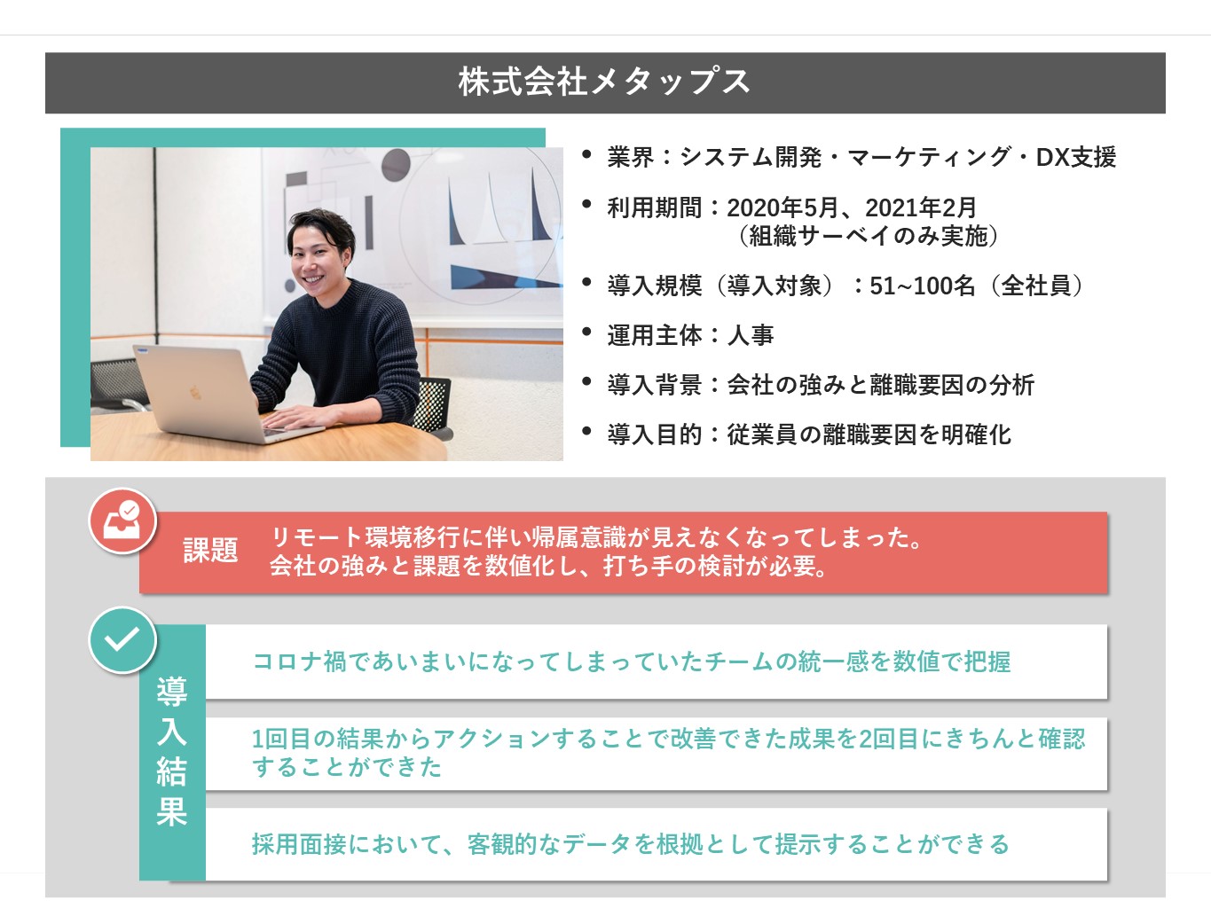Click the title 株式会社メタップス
[x=604, y=82]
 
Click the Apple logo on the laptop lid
[x=194, y=392]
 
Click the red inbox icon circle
[x=123, y=521]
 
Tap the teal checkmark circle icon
[x=123, y=640]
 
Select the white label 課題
[x=210, y=550]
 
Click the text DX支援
[x=1076, y=157]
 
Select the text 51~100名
[x=923, y=286]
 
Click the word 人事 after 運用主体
[x=751, y=335]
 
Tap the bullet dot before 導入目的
[x=586, y=431]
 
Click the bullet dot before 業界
[x=586, y=153]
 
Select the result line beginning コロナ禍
[x=631, y=661]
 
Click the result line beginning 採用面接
[x=631, y=844]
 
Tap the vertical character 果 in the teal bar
[x=171, y=811]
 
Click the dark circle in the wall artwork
[x=397, y=164]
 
